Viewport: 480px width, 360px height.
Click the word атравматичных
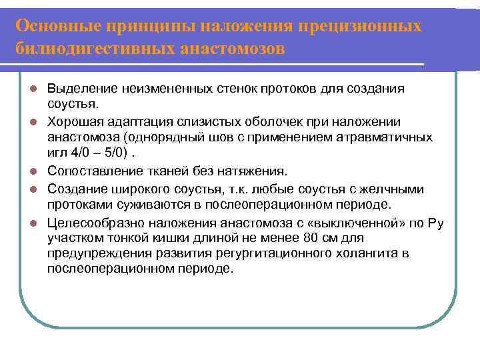click(387, 137)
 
